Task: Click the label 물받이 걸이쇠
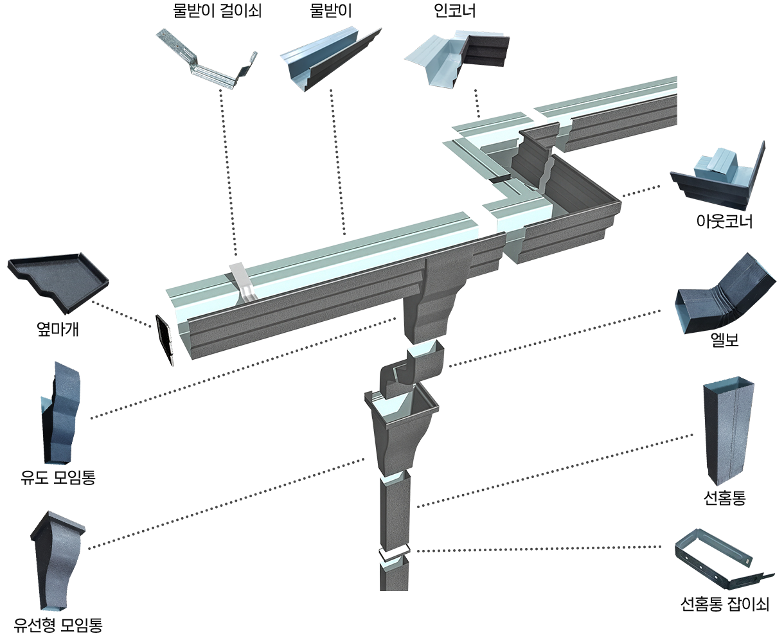tap(217, 10)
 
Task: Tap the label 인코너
tap(454, 10)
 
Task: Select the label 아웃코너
tap(724, 222)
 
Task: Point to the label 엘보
tap(724, 339)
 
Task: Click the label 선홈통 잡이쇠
tap(724, 604)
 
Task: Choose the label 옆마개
tap(57, 329)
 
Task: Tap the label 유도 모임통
tap(58, 477)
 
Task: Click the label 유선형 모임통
tap(58, 624)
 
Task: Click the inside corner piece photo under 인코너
tap(457, 59)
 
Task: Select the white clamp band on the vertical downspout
tap(394, 554)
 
